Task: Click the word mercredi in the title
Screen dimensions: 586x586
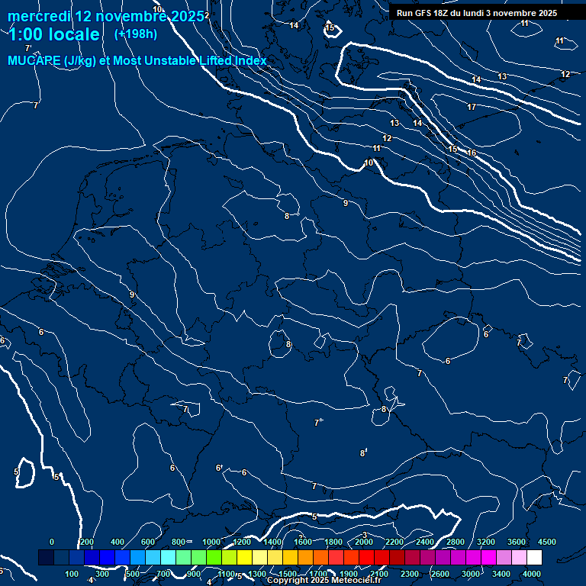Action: pos(39,16)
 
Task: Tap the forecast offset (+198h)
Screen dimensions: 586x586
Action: pos(136,34)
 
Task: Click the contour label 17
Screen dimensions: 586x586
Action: pos(472,108)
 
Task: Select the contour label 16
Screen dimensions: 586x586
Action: pos(472,153)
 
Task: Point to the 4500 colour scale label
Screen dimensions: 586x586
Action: pos(547,542)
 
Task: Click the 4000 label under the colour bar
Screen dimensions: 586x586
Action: pos(532,574)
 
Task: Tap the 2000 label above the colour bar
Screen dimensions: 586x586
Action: pos(364,542)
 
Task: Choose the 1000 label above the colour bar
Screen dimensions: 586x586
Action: pos(211,542)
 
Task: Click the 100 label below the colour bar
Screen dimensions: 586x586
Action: pos(72,574)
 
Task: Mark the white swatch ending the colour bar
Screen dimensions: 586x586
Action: pos(534,558)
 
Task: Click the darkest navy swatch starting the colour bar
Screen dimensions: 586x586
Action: pos(46,558)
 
